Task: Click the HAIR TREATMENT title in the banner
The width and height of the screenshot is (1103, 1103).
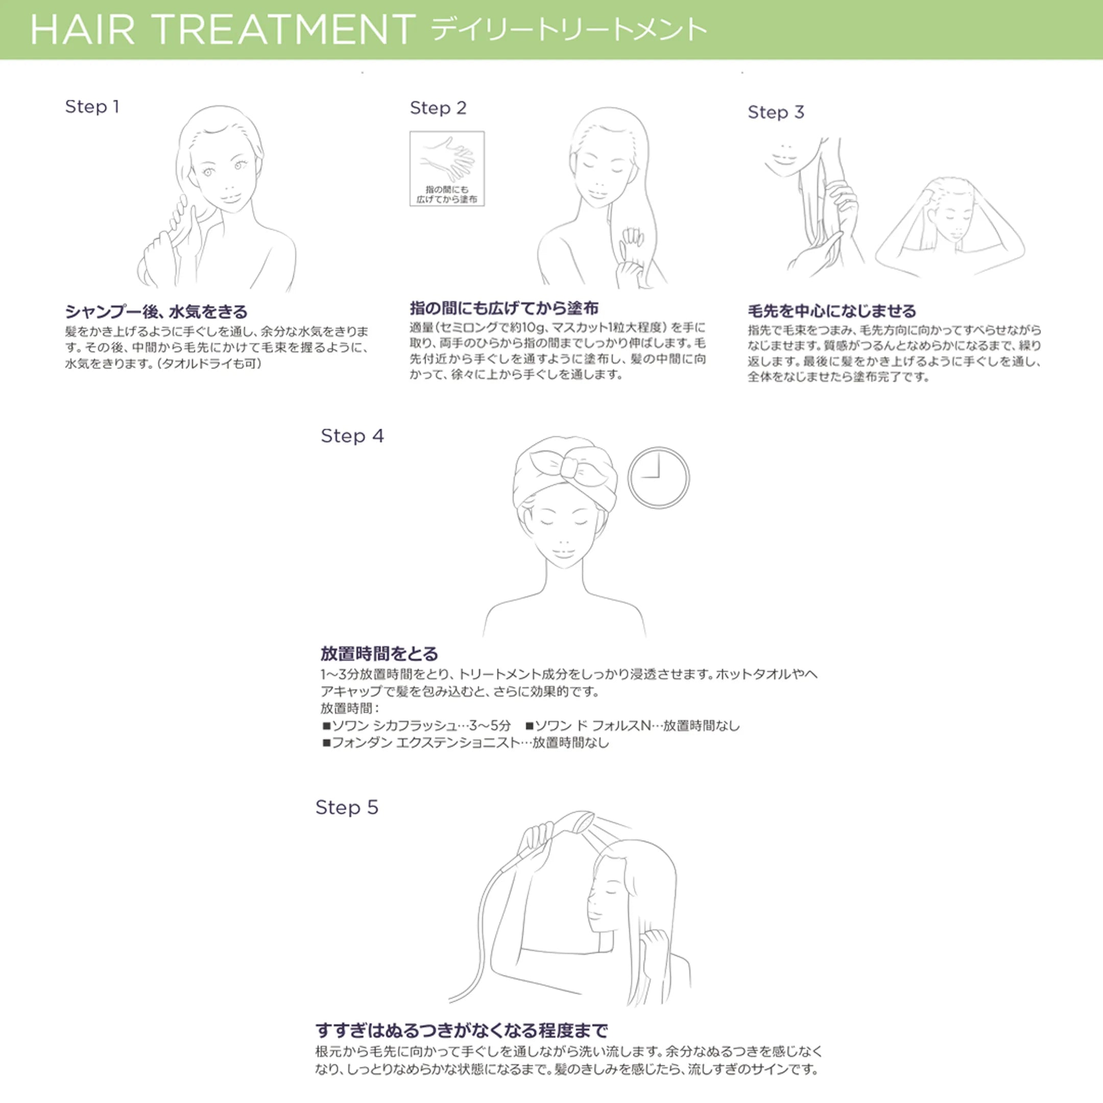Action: pos(223,30)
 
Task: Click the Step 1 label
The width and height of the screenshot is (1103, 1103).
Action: pos(92,107)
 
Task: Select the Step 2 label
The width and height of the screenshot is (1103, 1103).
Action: pos(438,108)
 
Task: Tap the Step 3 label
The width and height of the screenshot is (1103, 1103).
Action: pos(776,112)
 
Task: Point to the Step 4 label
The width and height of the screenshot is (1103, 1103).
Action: pos(352,436)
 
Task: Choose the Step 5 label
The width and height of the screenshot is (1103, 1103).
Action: pos(347,808)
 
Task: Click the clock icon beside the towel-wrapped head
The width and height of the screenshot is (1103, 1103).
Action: pos(658,477)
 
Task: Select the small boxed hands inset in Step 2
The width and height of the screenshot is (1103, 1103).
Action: pos(447,169)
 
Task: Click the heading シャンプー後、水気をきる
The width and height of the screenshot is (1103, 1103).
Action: pos(156,311)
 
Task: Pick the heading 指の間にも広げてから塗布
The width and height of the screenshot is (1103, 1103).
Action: pos(504,308)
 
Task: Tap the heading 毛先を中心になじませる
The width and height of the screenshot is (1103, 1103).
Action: pos(832,310)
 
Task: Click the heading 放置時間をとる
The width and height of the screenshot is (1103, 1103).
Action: pos(379,654)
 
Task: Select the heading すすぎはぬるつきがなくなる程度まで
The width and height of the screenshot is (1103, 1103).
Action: pos(462,1030)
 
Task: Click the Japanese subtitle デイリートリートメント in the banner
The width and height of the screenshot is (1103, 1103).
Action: pos(569,30)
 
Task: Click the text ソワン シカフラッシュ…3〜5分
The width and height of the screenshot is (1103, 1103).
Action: pos(417,726)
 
